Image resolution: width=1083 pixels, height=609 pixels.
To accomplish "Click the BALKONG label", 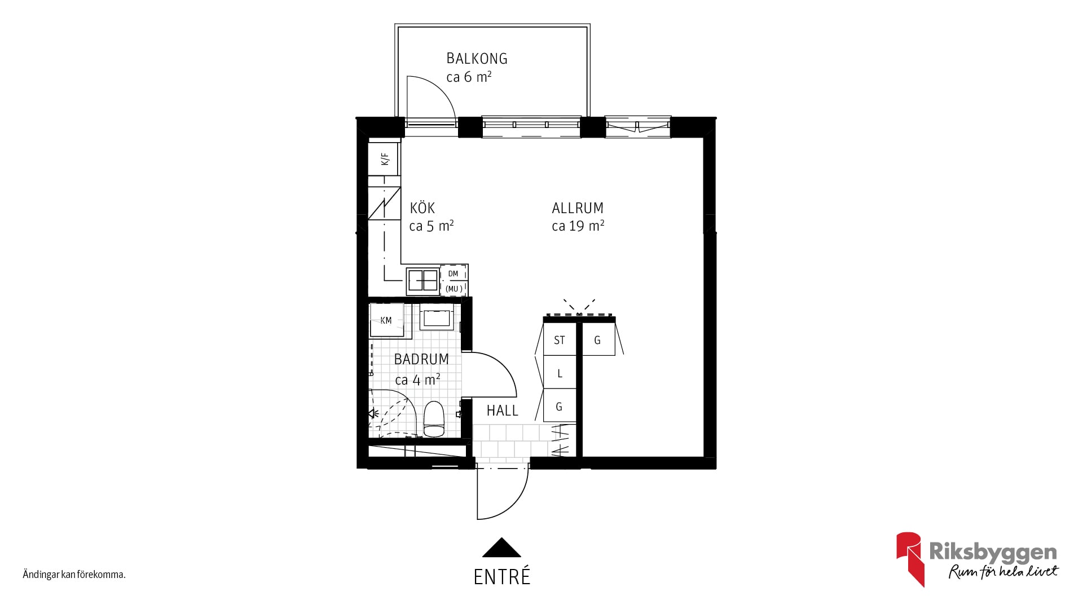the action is point(477,59).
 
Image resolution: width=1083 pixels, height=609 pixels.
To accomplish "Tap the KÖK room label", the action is point(422,208).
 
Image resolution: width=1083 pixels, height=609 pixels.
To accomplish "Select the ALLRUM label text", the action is point(578,208).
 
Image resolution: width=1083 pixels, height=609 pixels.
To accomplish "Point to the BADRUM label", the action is point(421,359).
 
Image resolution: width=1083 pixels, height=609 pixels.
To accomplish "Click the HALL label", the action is point(502,411).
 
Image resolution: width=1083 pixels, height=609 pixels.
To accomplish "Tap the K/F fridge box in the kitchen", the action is point(384,159).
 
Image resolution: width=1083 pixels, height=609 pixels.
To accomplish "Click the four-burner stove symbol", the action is point(423,280).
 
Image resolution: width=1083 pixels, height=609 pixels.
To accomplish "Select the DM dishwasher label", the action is point(453,274).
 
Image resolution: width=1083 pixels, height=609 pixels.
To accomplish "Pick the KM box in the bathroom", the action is point(386,320).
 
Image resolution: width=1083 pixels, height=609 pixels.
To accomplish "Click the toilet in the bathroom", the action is point(434,419).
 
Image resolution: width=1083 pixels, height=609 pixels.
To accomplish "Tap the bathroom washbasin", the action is point(437,319).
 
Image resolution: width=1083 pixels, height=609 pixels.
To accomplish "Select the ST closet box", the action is point(560,339).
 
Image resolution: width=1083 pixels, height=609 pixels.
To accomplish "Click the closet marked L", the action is point(560,373).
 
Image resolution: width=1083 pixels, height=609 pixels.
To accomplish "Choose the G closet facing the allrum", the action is point(598,339).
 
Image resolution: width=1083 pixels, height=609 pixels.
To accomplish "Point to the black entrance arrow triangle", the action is point(501,548).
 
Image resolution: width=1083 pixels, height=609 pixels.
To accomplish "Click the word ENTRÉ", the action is point(502,577).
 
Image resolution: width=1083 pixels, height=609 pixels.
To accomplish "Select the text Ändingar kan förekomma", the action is point(74,575).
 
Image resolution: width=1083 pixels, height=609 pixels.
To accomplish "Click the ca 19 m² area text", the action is point(578,226).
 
